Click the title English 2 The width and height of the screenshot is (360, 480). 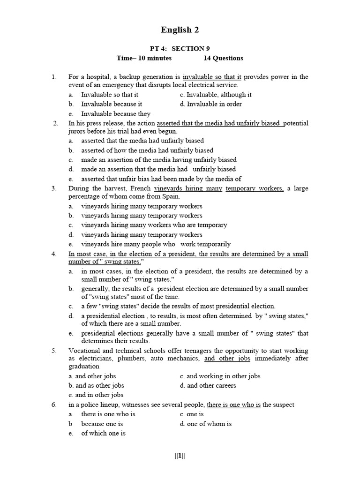point(180,30)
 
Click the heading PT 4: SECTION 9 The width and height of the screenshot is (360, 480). point(180,49)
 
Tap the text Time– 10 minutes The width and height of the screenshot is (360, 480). point(144,58)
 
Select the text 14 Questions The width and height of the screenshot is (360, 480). point(223,58)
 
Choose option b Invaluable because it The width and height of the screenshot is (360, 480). point(112,104)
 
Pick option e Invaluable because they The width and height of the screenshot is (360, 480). point(116,113)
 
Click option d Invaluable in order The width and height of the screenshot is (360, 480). point(214,104)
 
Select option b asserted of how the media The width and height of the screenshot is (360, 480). point(147,150)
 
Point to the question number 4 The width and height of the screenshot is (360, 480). point(54,254)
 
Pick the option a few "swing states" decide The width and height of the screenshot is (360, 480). point(178,306)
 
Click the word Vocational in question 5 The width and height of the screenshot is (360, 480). point(86,351)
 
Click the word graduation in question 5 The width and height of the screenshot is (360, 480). point(84,366)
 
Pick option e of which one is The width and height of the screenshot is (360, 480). point(103,433)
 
